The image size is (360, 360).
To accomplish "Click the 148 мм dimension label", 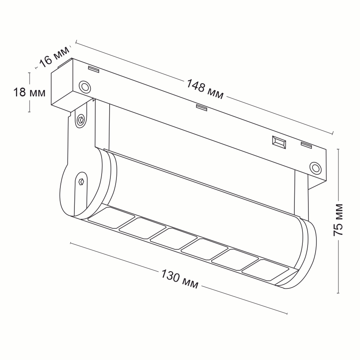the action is [204, 89].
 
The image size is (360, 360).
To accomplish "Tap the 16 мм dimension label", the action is [54, 57].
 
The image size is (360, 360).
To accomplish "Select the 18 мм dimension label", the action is [29, 92].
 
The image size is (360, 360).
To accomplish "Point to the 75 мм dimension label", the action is [338, 220].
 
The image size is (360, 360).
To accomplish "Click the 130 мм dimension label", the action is [180, 278].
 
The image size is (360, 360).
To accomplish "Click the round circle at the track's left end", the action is [84, 87].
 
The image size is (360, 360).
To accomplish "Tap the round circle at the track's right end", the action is [315, 168].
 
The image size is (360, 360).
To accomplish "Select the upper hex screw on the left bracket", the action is [80, 120].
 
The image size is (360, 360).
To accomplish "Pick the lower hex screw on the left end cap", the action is [81, 182].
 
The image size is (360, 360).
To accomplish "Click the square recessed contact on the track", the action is [279, 142].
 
